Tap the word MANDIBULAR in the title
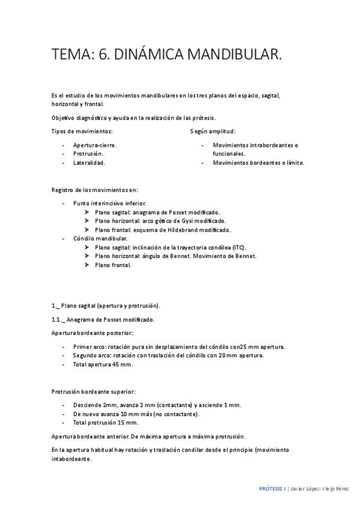(x=235, y=55)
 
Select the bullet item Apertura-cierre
(x=95, y=145)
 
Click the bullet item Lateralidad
(x=89, y=162)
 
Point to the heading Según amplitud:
(x=213, y=131)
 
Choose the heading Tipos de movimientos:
(x=82, y=131)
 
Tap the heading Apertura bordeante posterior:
(x=92, y=333)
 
